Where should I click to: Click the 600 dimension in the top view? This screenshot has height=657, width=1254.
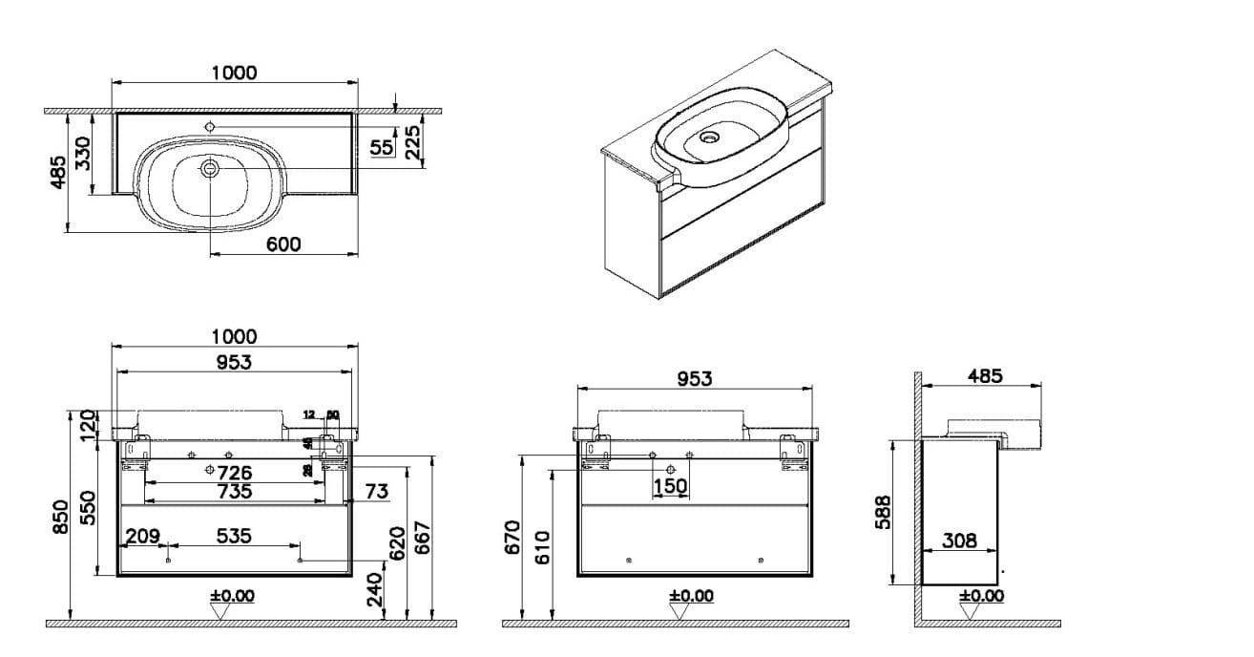[283, 244]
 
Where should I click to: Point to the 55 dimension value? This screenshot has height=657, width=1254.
[382, 147]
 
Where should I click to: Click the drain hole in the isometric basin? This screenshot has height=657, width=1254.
[709, 137]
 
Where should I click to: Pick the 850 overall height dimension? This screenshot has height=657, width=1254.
[60, 517]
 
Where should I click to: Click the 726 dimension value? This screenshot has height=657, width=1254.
[234, 472]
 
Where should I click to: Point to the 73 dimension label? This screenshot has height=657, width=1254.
[376, 492]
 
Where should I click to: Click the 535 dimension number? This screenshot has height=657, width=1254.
[234, 537]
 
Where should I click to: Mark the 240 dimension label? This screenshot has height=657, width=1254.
[376, 589]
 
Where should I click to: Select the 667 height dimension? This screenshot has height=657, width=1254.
[425, 540]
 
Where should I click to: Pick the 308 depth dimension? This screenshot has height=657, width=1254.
[959, 540]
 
